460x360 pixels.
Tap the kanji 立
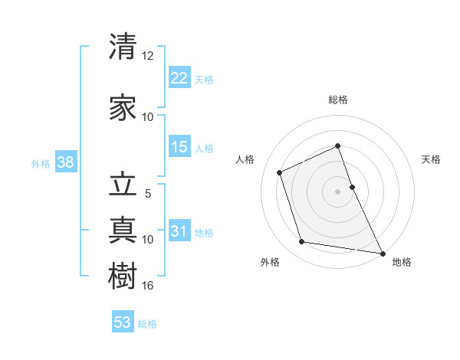(x=123, y=186)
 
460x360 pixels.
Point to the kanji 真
(x=123, y=228)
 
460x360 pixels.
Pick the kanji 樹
(x=123, y=274)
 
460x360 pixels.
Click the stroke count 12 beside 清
(x=148, y=55)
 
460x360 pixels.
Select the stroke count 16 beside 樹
(x=148, y=286)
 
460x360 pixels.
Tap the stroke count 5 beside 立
(x=148, y=194)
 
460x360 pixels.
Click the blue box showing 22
(x=179, y=78)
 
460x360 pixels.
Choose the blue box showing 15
(x=179, y=147)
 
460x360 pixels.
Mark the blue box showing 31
(x=179, y=231)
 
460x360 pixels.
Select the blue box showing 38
(x=65, y=162)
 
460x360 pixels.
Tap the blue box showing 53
(x=123, y=322)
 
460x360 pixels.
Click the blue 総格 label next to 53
(x=147, y=323)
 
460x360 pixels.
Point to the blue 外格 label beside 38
(x=41, y=163)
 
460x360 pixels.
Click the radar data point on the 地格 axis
(x=382, y=252)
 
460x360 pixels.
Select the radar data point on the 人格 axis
(x=280, y=172)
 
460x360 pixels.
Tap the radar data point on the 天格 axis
(x=352, y=187)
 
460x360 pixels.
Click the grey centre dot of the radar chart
(x=337, y=191)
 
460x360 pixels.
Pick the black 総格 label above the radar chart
(x=337, y=100)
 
